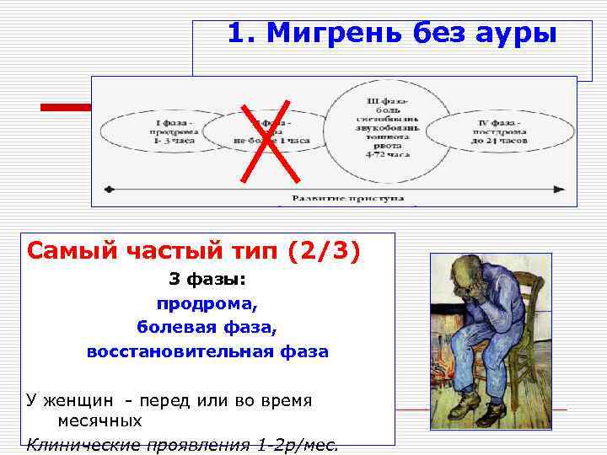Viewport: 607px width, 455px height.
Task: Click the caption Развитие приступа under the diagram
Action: tap(348, 199)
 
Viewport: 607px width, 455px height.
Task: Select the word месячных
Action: tap(99, 420)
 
